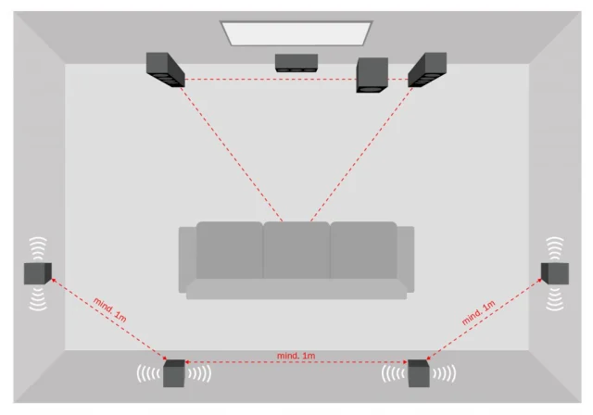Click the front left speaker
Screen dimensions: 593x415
pyautogui.click(x=165, y=69)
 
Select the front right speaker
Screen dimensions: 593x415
pyautogui.click(x=427, y=69)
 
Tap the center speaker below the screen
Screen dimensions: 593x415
pyautogui.click(x=296, y=63)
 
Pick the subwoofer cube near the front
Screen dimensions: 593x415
pyautogui.click(x=372, y=75)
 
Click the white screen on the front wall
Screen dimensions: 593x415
pyautogui.click(x=296, y=33)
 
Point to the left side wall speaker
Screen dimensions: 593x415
pyautogui.click(x=38, y=273)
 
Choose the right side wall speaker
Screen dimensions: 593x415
pyautogui.click(x=555, y=273)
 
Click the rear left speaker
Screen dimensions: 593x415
pyautogui.click(x=174, y=373)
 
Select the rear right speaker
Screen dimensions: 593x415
pyautogui.click(x=419, y=373)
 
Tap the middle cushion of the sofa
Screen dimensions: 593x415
pyautogui.click(x=296, y=250)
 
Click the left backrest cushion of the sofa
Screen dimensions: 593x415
pyautogui.click(x=230, y=250)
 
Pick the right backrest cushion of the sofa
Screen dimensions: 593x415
pyautogui.click(x=364, y=250)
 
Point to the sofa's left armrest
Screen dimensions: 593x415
pyautogui.click(x=187, y=259)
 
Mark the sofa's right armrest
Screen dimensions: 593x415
pyautogui.click(x=406, y=259)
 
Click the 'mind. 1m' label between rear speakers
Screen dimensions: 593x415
pyautogui.click(x=296, y=356)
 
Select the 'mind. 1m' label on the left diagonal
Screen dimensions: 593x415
pyautogui.click(x=109, y=310)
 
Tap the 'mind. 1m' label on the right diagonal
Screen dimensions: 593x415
pyautogui.click(x=478, y=312)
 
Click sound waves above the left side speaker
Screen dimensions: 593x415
pyautogui.click(x=38, y=248)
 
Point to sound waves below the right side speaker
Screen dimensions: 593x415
pyautogui.click(x=555, y=299)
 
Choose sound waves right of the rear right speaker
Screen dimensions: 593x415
pyautogui.click(x=444, y=373)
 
